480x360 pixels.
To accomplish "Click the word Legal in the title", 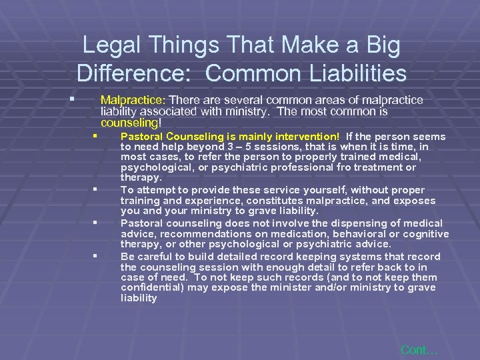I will [x=113, y=46].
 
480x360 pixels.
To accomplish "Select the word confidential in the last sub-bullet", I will [x=153, y=287].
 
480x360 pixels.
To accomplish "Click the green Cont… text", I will [x=419, y=350].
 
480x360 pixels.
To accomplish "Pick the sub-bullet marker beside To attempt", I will [x=96, y=190].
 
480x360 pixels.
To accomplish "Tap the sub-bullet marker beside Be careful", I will [x=96, y=255].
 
